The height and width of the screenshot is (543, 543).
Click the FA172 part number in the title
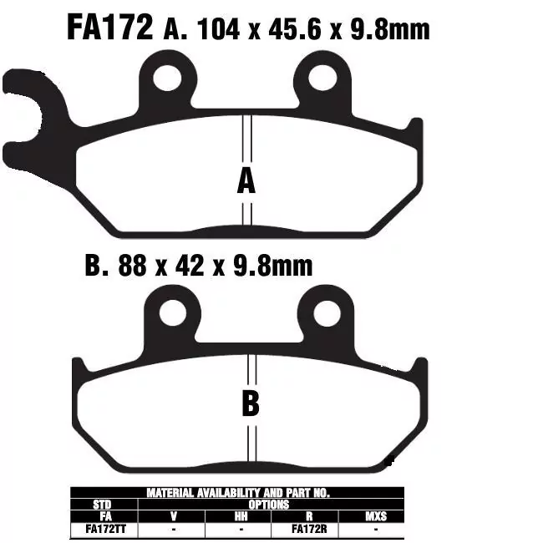(x=109, y=28)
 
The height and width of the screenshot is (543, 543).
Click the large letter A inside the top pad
(x=246, y=180)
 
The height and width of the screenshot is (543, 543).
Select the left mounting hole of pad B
(x=173, y=313)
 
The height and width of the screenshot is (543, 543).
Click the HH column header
(x=240, y=516)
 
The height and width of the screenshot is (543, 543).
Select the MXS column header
(x=376, y=516)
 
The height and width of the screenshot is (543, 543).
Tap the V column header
(x=172, y=516)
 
